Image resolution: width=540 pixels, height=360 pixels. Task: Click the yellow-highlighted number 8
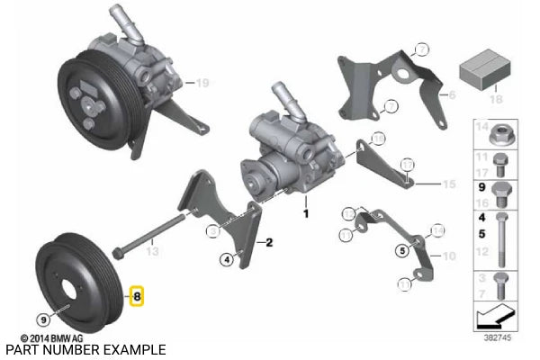(x=138, y=294)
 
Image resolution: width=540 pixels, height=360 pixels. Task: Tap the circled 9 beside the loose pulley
(x=42, y=318)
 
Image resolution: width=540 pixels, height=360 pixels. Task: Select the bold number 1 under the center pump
(x=305, y=214)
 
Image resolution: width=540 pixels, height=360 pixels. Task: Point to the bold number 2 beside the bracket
(x=267, y=242)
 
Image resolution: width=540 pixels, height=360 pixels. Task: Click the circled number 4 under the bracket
(x=227, y=261)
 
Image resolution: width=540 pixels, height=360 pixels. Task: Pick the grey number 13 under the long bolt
(x=152, y=254)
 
